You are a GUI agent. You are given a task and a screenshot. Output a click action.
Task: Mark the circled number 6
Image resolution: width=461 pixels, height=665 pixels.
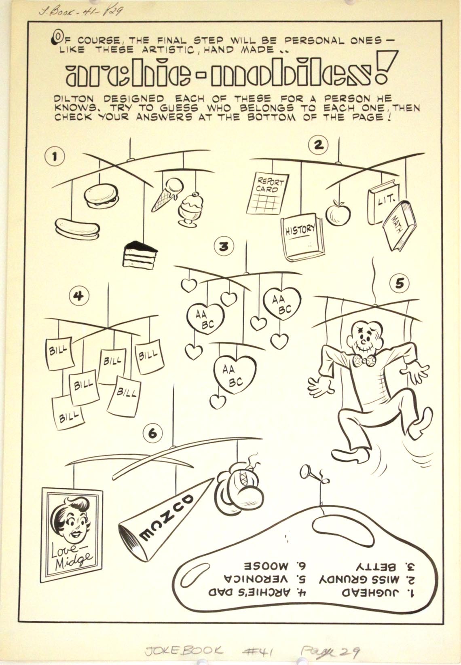152,433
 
